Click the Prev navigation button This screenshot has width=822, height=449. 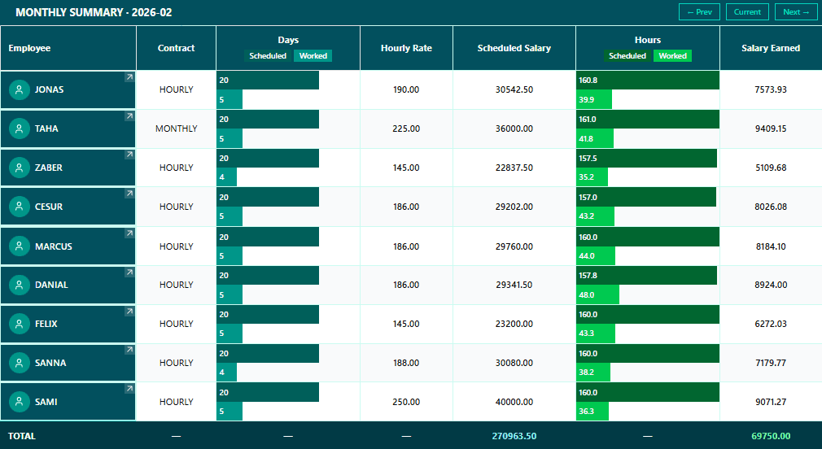click(x=699, y=12)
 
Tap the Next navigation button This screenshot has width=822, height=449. click(x=796, y=12)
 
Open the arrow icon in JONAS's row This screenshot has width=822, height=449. click(x=129, y=77)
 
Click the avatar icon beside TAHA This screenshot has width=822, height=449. click(x=20, y=129)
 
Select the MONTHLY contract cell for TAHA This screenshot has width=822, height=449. click(x=176, y=129)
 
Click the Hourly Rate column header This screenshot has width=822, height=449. click(x=406, y=48)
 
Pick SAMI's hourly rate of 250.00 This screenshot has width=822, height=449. click(x=406, y=402)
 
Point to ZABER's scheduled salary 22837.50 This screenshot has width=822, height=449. click(x=514, y=168)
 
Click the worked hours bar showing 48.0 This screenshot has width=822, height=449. click(x=597, y=294)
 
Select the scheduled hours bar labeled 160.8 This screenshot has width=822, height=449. click(x=647, y=81)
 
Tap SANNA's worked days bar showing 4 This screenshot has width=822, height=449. click(x=226, y=373)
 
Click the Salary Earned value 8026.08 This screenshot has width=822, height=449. click(x=770, y=207)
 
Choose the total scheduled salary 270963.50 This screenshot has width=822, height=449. click(x=514, y=436)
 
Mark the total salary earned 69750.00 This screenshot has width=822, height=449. click(x=770, y=436)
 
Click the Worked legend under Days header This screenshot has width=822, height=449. click(x=313, y=56)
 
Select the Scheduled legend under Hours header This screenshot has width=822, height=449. click(x=627, y=56)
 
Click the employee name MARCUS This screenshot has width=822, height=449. click(x=54, y=246)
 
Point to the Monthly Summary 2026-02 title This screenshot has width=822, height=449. click(x=94, y=13)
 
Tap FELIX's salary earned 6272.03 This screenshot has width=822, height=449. click(x=770, y=324)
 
